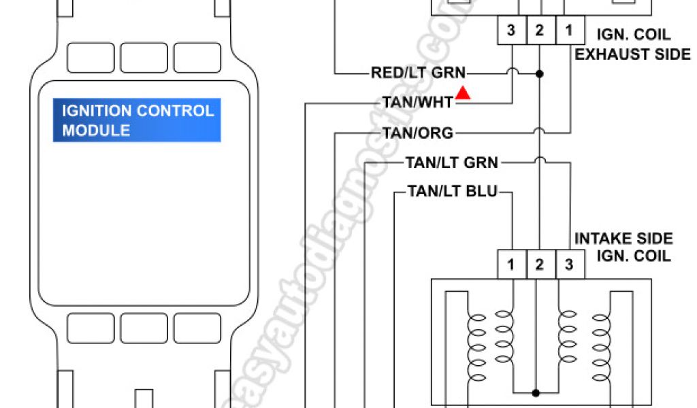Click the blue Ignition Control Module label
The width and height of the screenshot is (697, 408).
137,120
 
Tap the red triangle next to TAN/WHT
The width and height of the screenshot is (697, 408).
464,94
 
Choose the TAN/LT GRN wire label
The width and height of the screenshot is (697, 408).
452,163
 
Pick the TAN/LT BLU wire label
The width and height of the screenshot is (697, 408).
452,192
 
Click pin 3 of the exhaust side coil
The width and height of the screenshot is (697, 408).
511,31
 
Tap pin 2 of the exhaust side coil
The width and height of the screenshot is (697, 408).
539,31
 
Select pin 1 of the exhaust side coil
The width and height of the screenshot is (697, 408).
567,31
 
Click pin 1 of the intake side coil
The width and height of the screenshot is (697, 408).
511,265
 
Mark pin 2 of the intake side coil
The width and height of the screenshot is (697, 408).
540,265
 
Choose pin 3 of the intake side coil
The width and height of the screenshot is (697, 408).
568,265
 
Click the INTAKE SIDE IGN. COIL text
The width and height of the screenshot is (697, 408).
623,247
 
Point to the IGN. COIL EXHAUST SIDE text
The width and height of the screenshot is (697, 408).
632,44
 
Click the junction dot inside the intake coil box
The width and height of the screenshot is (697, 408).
536,392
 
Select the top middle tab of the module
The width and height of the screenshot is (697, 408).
144,57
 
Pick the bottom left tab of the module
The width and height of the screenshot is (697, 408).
91,327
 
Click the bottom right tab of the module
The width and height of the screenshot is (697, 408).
197,327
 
